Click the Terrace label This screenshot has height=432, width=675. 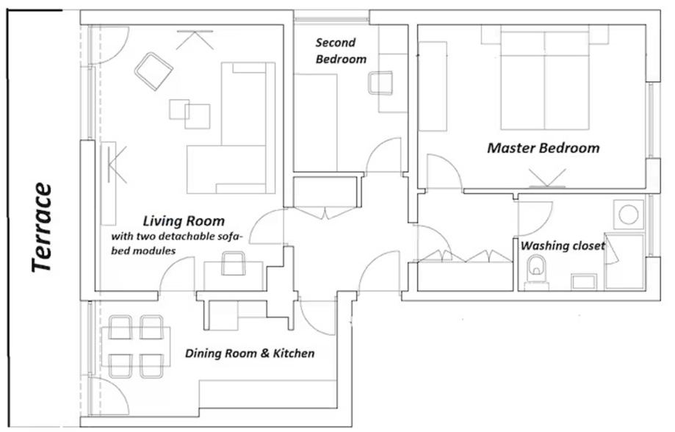[42, 228]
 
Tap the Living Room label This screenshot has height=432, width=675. [184, 221]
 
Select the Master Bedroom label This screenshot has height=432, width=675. [544, 148]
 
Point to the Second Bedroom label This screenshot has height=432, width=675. [341, 51]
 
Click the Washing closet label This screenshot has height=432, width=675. [563, 246]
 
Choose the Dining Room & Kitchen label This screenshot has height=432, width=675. [250, 353]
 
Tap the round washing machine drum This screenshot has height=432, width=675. [628, 214]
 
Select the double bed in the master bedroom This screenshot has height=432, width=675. [544, 80]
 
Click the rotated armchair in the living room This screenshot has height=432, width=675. [154, 71]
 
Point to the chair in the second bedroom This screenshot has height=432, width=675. [380, 83]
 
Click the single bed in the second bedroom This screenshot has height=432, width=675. [316, 122]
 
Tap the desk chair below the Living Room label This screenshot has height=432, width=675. [234, 264]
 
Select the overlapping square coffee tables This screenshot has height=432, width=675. [189, 114]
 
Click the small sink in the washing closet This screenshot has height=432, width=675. [584, 282]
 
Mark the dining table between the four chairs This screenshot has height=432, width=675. [136, 347]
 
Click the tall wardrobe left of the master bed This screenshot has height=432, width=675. [433, 86]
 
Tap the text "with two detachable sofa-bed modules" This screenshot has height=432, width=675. [177, 243]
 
